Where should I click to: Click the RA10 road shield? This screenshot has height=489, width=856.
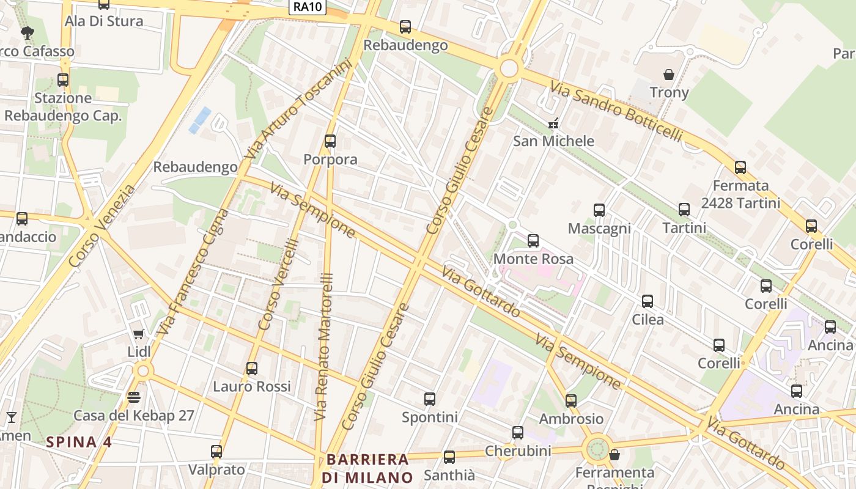(x=308, y=7)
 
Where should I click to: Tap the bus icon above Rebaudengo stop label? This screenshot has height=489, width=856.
(x=405, y=27)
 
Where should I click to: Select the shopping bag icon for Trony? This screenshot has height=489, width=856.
(x=669, y=75)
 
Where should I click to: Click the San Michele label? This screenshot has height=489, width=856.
(x=553, y=141)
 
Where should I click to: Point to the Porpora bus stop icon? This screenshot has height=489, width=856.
(x=330, y=141)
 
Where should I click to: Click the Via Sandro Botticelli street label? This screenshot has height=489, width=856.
(x=615, y=111)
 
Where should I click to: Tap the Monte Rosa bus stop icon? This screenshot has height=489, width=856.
(x=533, y=241)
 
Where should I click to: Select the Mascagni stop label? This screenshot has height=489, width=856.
(x=599, y=229)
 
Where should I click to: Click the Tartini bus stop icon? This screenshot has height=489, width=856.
(x=684, y=210)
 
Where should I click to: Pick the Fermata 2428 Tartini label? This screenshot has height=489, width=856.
(x=740, y=194)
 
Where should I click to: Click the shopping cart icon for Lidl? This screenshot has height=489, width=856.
(x=139, y=334)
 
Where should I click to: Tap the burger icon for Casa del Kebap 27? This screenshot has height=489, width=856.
(x=134, y=397)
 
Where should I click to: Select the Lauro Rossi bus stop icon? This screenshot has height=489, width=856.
(x=252, y=369)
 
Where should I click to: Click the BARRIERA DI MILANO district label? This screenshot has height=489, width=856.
(x=367, y=468)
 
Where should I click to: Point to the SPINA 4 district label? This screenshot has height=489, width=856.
(x=79, y=442)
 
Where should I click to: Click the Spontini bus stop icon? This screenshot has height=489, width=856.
(x=430, y=399)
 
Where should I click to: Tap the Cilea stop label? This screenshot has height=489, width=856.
(x=648, y=319)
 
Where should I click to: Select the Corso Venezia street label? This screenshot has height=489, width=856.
(x=102, y=226)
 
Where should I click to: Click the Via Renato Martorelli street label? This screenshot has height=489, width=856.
(x=323, y=346)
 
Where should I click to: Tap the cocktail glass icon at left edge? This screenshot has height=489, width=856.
(x=11, y=417)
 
